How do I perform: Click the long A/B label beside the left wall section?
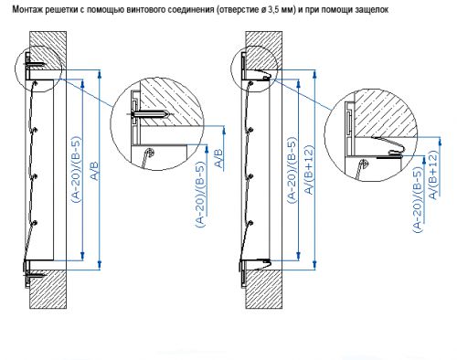[x=95, y=171]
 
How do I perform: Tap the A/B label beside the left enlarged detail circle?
[x=219, y=158]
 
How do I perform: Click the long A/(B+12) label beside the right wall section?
[x=309, y=170]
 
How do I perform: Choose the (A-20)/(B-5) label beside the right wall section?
[x=292, y=171]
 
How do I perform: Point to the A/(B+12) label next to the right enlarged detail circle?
[x=433, y=175]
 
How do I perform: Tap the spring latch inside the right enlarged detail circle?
[x=388, y=147]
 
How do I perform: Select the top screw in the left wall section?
[x=36, y=65]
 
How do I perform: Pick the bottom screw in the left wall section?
[x=35, y=276]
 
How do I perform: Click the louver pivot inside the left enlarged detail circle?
[x=149, y=151]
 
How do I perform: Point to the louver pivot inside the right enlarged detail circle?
[x=363, y=163]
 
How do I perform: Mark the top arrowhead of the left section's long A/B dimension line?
[x=100, y=73]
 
